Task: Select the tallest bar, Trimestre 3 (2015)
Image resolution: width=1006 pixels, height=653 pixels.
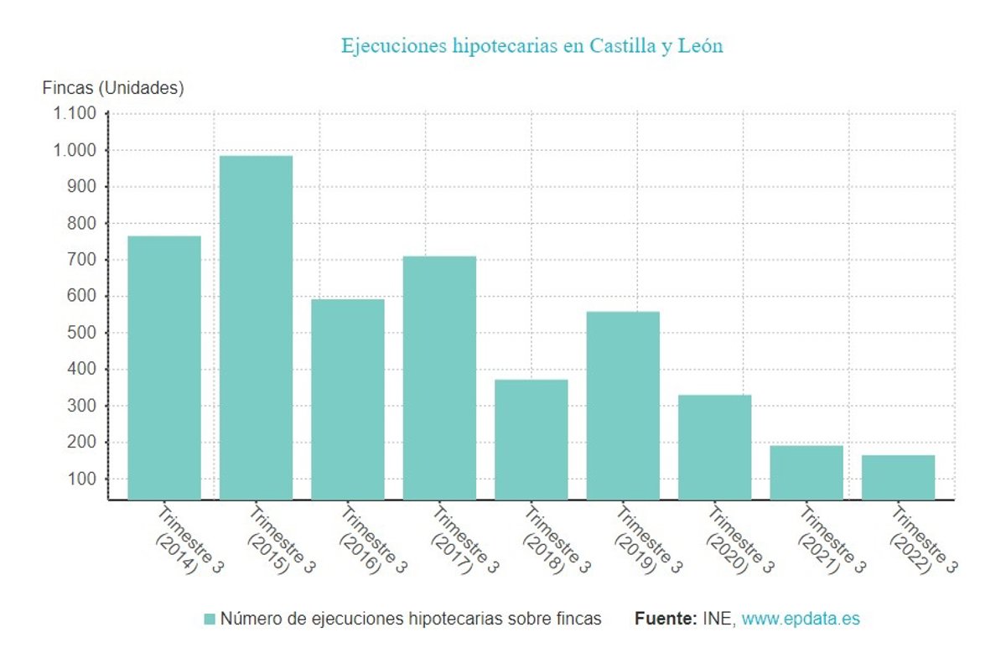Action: point(256,327)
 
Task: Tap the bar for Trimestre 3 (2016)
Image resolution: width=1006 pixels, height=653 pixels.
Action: point(348,399)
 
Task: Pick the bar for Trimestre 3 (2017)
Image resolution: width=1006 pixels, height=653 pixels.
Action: point(439,377)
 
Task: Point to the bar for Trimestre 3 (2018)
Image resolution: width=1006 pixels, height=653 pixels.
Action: point(532,439)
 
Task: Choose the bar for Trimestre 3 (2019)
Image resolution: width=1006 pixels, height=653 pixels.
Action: point(623,405)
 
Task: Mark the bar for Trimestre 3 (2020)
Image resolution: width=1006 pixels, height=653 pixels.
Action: point(714,447)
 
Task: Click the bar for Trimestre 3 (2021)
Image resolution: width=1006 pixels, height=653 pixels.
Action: point(806,472)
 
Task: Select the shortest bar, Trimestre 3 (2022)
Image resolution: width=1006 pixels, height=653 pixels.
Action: point(898,477)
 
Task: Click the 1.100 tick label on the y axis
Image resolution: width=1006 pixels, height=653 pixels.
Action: point(75,113)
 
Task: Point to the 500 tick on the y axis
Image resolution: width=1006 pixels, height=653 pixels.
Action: point(82,333)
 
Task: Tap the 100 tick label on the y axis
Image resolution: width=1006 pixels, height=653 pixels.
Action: point(82,479)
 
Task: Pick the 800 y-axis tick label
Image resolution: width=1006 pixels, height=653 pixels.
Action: point(82,223)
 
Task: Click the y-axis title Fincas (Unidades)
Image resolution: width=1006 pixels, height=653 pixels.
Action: point(113,87)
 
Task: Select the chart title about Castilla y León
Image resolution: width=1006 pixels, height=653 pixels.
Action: point(532,45)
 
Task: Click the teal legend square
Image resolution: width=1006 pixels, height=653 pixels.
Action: point(210,619)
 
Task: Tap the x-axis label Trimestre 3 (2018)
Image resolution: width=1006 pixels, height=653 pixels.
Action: point(547,542)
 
